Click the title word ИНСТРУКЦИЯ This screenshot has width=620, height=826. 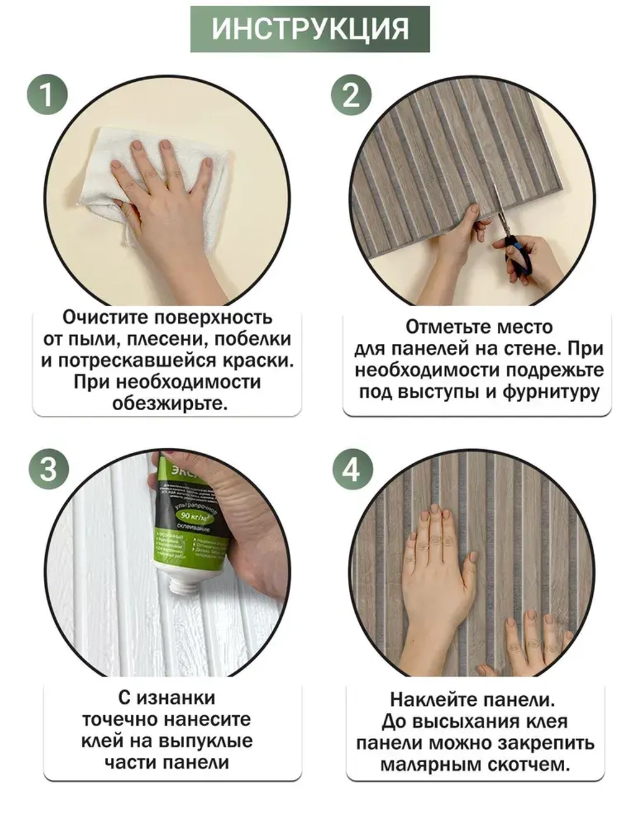click(310, 29)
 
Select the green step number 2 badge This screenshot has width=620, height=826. click(351, 95)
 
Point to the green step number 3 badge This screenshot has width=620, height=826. click(48, 469)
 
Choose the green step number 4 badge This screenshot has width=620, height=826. click(352, 469)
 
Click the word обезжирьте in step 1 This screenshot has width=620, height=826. click(170, 403)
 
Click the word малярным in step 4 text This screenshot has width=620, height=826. click(428, 765)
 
